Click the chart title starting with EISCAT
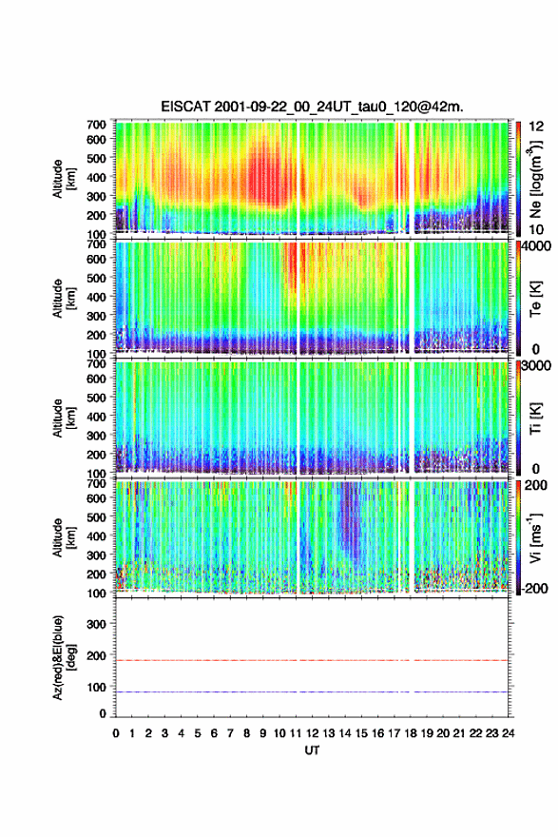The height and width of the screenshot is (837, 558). pos(312,107)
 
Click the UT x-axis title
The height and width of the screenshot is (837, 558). pos(312,750)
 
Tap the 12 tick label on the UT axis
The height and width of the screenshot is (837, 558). pos(312,733)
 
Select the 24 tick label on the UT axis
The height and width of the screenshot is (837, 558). pos(508,733)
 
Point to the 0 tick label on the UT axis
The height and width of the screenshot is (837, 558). pos(116,733)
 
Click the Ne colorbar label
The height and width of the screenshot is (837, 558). pos(535,181)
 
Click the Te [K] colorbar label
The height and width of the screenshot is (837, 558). pos(535,300)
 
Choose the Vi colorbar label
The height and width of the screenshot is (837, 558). pos(535,537)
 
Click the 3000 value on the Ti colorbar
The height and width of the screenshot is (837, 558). pos(537,366)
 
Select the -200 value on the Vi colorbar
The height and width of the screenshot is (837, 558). pos(534,588)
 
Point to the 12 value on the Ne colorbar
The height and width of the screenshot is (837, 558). pos(537,126)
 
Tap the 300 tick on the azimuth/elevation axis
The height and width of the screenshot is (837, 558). pos(97,624)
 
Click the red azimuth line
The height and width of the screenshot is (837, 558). pos(312,660)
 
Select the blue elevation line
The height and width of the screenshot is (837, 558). pos(312,691)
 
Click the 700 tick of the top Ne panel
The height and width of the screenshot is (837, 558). pos(97,125)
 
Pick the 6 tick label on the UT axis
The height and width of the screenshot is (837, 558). pos(214,733)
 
